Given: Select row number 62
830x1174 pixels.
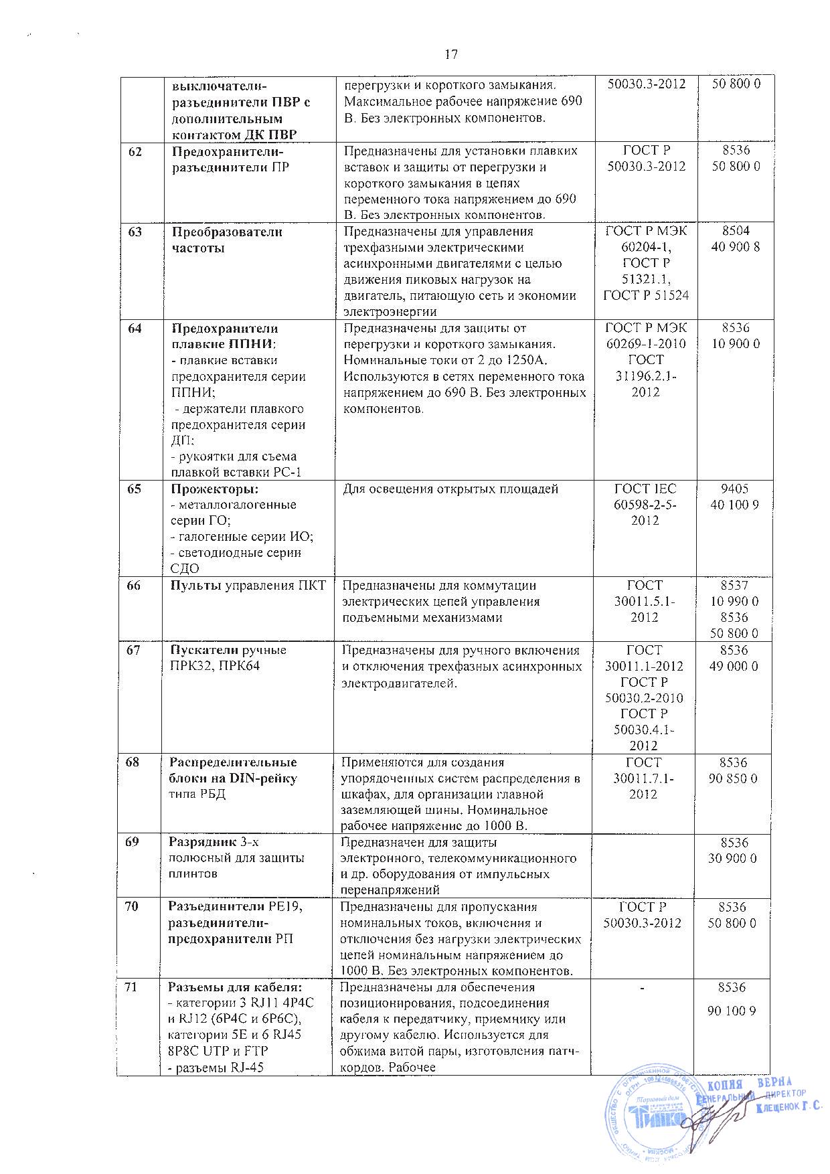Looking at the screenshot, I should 135,151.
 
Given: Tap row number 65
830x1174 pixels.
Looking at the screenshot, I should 135,489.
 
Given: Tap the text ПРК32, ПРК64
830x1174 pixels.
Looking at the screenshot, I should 215,666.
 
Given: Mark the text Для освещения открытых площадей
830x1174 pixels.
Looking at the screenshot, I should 450,489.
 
